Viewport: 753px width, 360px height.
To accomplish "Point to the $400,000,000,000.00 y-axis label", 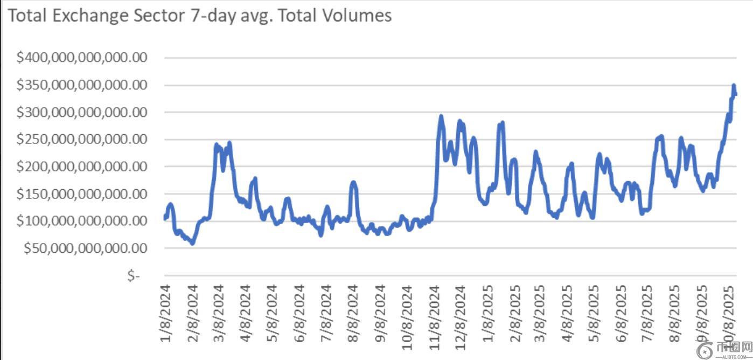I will coord(82,58).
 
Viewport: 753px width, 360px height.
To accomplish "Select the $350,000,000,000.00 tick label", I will coord(82,85).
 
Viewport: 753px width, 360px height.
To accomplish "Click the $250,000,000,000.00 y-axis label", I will coord(82,139).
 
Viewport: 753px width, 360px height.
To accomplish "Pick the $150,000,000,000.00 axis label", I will coord(82,193).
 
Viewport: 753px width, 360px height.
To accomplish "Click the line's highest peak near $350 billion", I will coord(734,85).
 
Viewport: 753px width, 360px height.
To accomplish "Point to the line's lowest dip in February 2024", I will coord(192,244).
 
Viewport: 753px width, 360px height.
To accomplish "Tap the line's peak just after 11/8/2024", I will coord(441,116).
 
